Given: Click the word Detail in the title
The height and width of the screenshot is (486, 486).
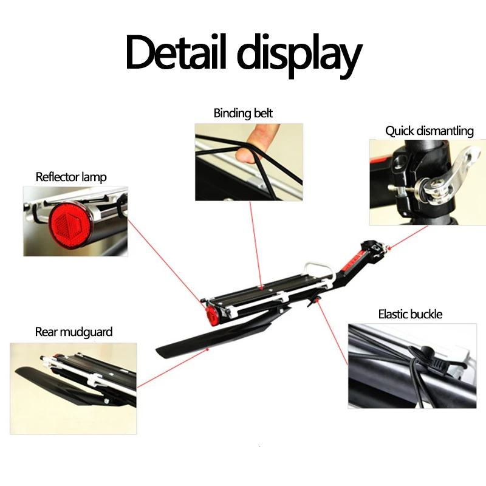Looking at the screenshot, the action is coord(176,53).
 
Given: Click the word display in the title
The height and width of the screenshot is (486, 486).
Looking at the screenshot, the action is coord(299,55).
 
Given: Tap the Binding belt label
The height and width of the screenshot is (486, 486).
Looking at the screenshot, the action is coord(243,113).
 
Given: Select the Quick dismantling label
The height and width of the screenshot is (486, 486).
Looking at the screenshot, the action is coord(429,131).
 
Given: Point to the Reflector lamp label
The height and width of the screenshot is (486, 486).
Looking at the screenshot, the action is coord(71,177).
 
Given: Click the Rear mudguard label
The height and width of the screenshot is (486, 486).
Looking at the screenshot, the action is coord(74,332).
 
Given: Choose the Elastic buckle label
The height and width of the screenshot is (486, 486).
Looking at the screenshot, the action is coord(410,314).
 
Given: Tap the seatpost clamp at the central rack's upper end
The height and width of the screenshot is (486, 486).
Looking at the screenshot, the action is coord(372,245).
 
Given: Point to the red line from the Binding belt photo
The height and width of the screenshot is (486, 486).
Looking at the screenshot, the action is coord(255,243).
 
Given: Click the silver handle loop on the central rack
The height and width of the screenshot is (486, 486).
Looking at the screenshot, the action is coord(316,268).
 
